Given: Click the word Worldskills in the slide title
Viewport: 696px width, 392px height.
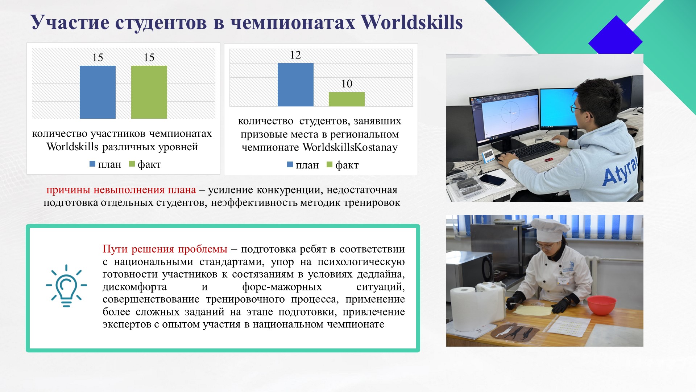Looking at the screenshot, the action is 412,22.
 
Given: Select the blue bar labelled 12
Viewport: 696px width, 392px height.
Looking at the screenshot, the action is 295,85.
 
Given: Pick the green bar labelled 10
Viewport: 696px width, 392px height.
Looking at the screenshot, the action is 347,99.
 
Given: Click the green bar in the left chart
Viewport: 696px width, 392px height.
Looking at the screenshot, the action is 149,92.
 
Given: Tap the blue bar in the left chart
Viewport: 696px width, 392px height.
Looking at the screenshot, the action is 98,92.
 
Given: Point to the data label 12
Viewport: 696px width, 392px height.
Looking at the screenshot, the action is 295,55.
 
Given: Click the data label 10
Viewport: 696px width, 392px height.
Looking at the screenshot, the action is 347,84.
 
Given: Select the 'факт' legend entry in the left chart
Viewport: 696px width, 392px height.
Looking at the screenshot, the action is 145,164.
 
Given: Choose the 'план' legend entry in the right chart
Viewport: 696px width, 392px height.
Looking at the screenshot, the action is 303,165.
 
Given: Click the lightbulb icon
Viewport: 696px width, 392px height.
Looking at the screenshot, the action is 66,286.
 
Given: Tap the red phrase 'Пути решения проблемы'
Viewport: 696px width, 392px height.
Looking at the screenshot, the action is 165,249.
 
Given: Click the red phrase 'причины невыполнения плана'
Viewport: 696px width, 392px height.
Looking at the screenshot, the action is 121,190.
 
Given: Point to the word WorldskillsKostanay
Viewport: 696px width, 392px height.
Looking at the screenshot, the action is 350,147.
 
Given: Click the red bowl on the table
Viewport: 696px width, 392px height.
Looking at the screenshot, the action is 601,305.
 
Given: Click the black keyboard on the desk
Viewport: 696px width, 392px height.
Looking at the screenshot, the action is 527,151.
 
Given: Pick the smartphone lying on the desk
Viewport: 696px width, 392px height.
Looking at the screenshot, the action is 492,179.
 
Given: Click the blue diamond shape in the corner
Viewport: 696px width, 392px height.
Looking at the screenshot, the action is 615,35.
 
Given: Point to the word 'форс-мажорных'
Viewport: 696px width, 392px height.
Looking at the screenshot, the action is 282,287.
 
